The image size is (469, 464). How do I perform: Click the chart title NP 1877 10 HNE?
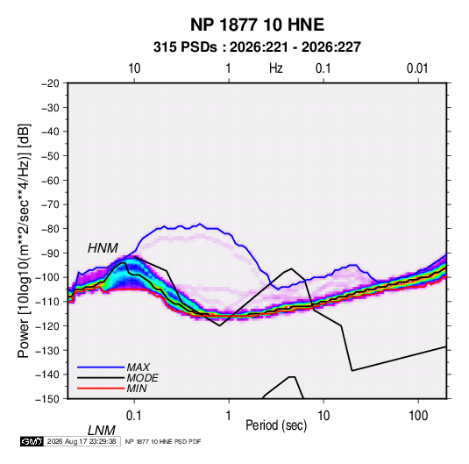(257, 25)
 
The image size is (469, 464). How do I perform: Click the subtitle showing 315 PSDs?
(257, 47)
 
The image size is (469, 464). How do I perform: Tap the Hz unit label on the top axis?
(276, 68)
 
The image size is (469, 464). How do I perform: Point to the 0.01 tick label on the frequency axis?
(417, 68)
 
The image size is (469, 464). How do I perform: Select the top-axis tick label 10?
(134, 68)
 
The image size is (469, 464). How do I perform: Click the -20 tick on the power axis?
(50, 83)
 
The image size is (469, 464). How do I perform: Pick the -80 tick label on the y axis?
(50, 229)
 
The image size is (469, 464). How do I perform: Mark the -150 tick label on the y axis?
(47, 399)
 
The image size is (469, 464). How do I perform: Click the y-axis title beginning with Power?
(24, 241)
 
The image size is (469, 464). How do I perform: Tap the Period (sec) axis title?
(276, 425)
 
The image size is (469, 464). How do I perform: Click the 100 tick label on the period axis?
(418, 416)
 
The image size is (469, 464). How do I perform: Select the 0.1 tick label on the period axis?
(134, 416)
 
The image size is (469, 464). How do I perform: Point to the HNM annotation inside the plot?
(103, 248)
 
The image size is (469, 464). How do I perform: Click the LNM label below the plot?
(102, 431)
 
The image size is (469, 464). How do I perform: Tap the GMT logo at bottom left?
(32, 441)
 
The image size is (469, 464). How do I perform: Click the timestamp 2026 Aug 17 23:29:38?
(82, 441)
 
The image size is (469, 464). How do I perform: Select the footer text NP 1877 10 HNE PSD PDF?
(163, 441)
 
